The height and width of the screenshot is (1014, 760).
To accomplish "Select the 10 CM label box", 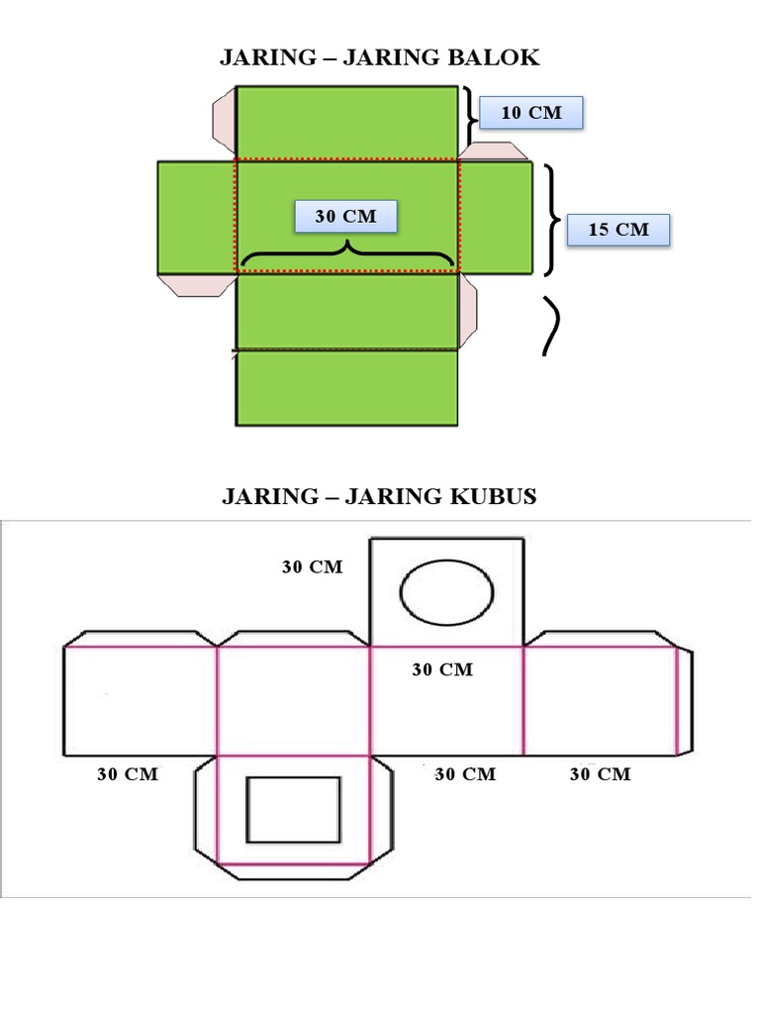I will click(531, 113).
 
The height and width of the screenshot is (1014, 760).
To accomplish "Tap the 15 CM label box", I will click(617, 230).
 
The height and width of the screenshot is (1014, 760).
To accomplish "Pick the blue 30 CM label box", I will click(346, 217).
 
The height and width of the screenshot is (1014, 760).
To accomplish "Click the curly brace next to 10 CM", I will click(470, 117).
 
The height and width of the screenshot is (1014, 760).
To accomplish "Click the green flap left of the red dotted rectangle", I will click(196, 218).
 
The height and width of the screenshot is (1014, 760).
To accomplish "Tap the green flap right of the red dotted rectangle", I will click(495, 218).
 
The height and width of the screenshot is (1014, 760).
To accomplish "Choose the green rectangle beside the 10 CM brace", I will click(346, 122).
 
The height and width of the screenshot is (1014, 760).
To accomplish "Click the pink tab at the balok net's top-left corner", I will click(224, 120).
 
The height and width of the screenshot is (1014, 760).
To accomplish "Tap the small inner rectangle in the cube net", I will click(293, 810).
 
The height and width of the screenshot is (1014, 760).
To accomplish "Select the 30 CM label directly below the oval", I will click(442, 670).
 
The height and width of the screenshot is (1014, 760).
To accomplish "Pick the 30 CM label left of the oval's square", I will click(312, 567).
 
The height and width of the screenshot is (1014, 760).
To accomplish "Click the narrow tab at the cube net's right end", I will click(684, 701).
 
